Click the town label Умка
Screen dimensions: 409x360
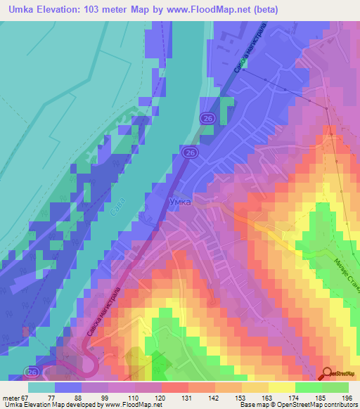[x=180, y=201]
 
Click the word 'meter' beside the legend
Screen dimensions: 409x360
[x=11, y=396]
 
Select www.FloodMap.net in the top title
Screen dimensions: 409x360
[x=209, y=10]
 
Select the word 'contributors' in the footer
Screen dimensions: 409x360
[x=339, y=405]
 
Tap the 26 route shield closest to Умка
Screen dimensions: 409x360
[x=189, y=152]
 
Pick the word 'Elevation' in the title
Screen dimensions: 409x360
[x=63, y=10]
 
